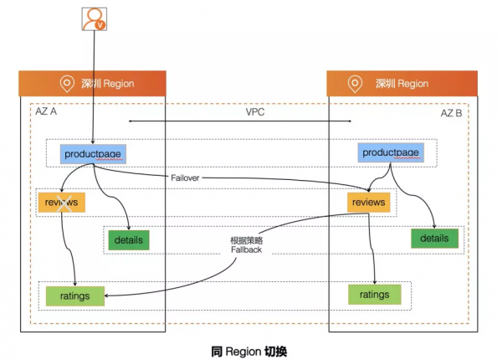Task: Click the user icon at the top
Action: click(94, 19)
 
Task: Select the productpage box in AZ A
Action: click(93, 154)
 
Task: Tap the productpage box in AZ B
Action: click(391, 152)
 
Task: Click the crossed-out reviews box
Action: click(61, 202)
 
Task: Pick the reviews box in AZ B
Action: click(368, 202)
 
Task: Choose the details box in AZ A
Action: click(129, 240)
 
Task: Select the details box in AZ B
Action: click(434, 239)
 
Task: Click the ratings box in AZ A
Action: click(75, 296)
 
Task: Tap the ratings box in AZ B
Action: click(375, 295)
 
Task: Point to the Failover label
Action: click(185, 177)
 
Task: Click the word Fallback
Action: click(247, 249)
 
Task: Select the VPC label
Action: click(255, 112)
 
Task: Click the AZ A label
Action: click(46, 111)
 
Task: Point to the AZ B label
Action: click(452, 113)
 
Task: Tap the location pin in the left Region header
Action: click(67, 84)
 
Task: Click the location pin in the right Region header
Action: click(355, 84)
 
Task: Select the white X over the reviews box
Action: click(64, 203)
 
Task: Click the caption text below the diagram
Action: click(249, 352)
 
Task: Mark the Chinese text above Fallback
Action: click(247, 240)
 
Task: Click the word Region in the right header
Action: click(413, 84)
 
